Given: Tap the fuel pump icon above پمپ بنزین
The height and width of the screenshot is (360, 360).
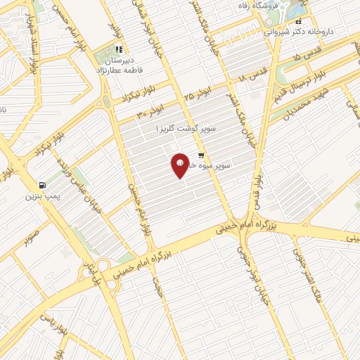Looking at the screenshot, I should (x=44, y=185).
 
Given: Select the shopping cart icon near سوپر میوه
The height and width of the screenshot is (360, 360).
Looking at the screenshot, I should (x=202, y=155).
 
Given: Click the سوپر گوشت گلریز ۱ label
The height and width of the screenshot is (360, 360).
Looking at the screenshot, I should (x=187, y=130).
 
